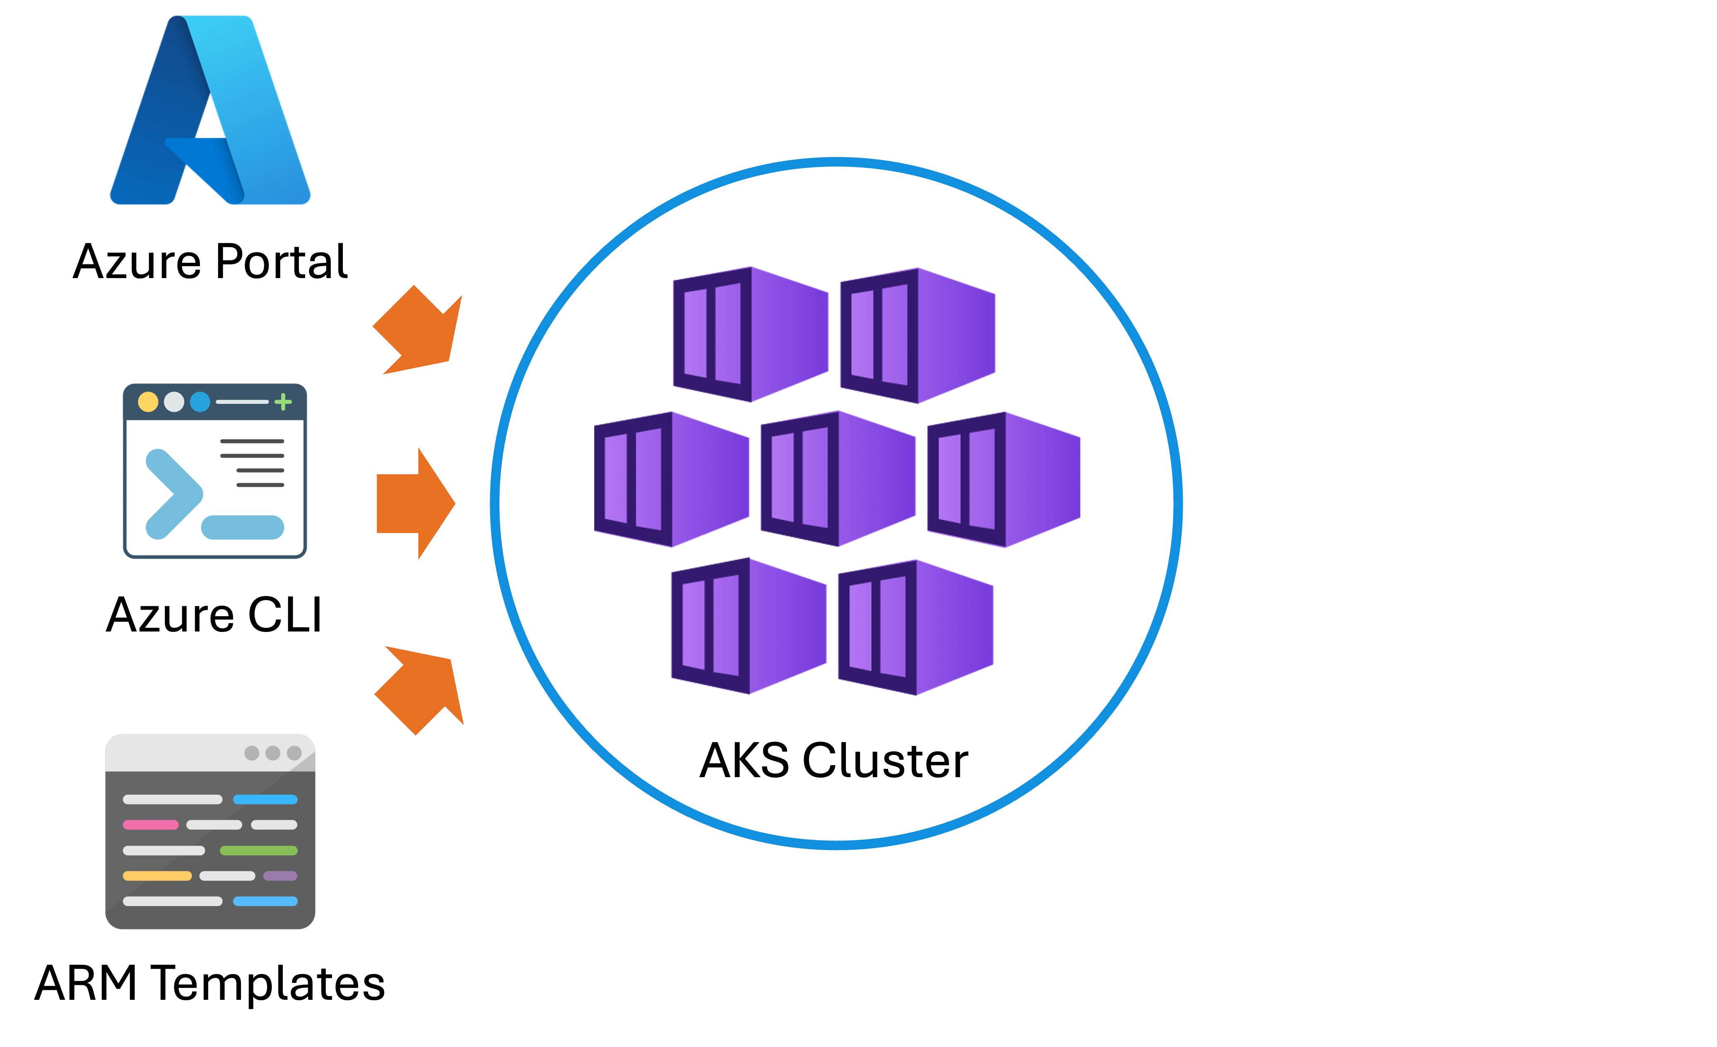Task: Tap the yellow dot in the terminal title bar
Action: pos(148,402)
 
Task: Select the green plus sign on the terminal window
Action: pos(283,402)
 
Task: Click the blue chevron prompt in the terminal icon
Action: pos(172,494)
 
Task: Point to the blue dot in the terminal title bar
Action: pos(200,402)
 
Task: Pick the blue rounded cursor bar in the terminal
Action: pos(243,527)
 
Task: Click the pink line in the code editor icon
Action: pos(151,825)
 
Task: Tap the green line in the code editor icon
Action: pos(258,850)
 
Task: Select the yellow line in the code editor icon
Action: pos(157,876)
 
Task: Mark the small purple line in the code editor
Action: pos(280,876)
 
